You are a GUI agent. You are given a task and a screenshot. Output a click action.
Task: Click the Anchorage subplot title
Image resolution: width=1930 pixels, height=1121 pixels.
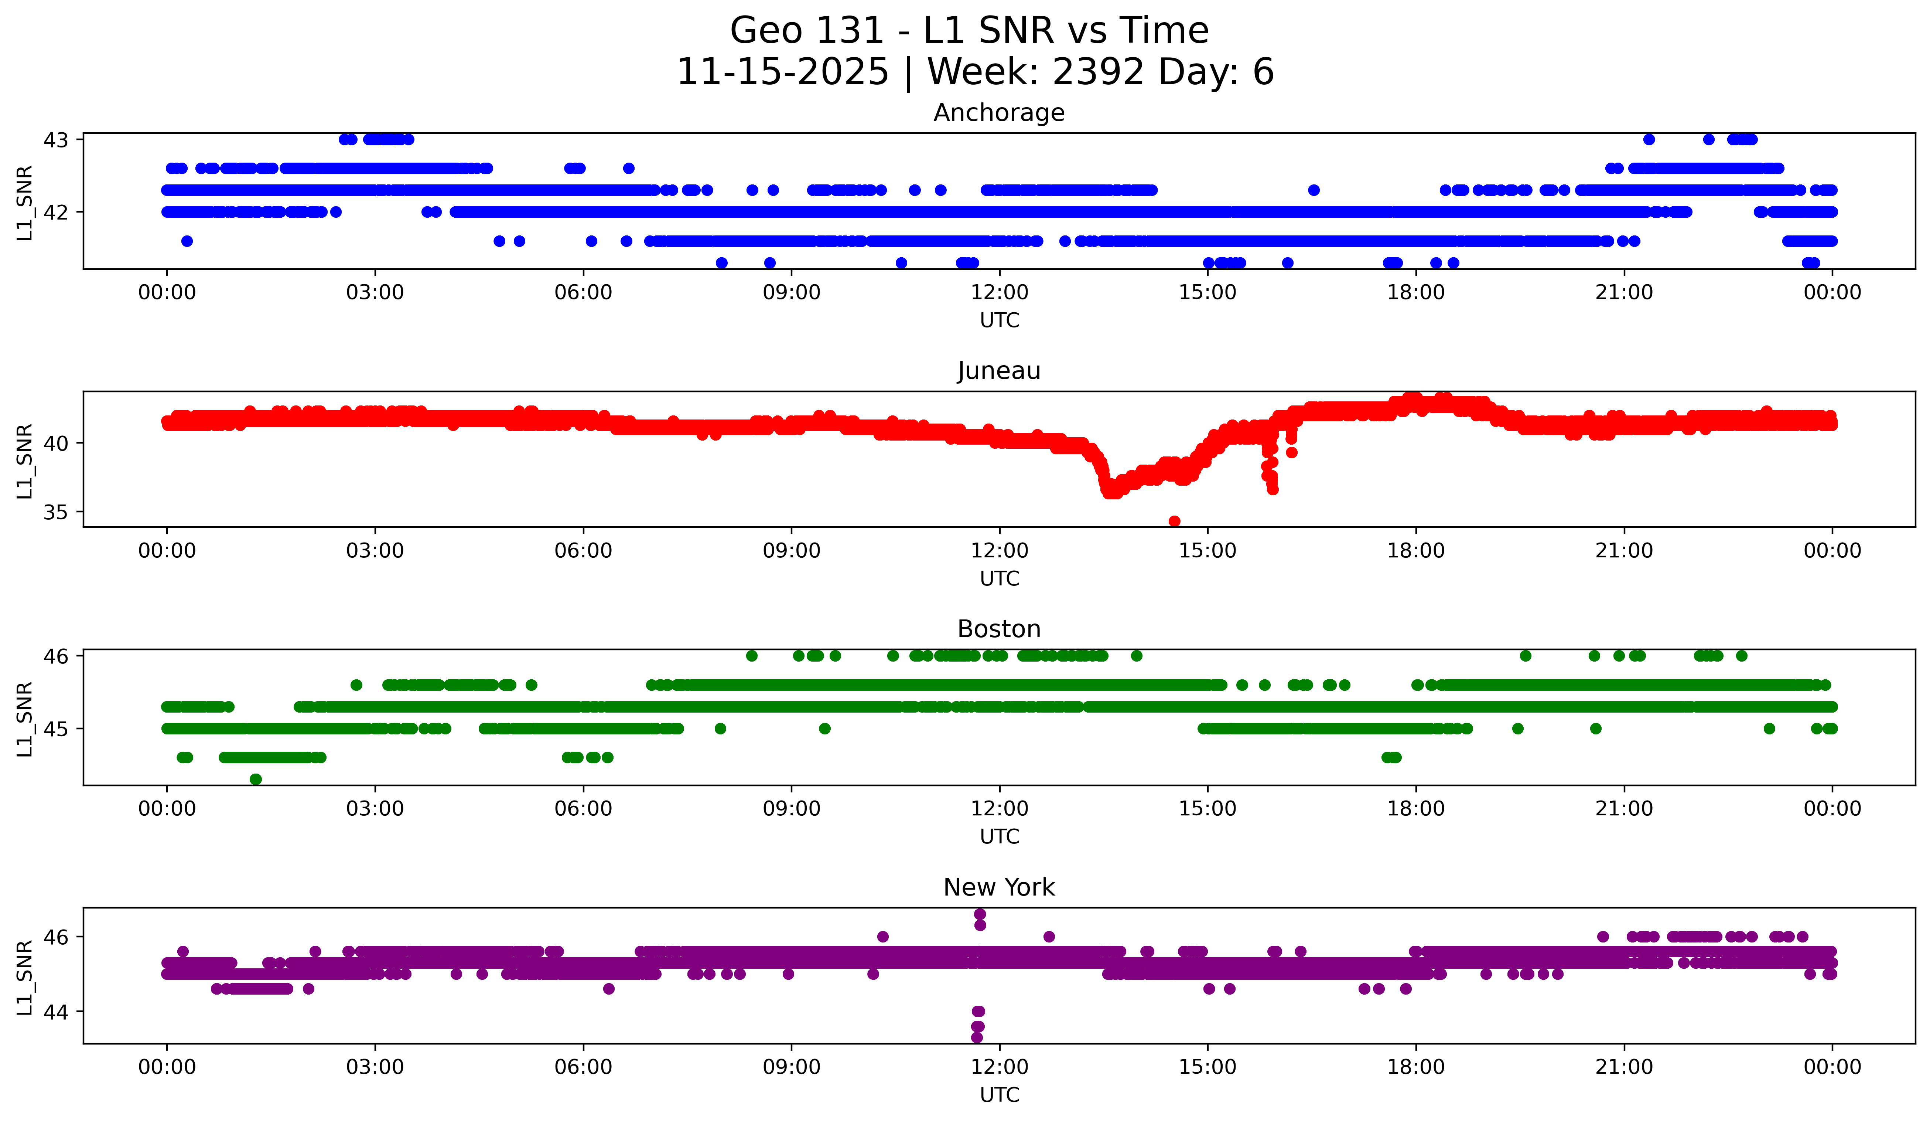pyautogui.click(x=999, y=113)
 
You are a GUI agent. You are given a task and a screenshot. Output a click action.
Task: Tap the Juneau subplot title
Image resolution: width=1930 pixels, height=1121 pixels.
pyautogui.click(x=999, y=371)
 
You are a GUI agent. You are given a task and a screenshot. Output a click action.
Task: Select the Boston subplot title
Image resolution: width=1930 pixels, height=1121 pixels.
pyautogui.click(x=999, y=629)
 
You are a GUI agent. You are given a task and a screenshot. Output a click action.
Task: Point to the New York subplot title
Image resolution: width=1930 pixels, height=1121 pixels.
pyautogui.click(x=999, y=887)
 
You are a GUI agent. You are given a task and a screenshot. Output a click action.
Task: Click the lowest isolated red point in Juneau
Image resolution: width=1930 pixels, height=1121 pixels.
pyautogui.click(x=1174, y=521)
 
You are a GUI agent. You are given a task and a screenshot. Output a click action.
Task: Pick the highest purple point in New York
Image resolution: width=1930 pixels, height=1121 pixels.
pyautogui.click(x=980, y=914)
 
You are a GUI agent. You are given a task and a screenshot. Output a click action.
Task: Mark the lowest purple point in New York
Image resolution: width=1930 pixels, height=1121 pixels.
pyautogui.click(x=977, y=1037)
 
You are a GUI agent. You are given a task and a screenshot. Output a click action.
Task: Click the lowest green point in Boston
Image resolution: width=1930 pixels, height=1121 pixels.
pyautogui.click(x=256, y=779)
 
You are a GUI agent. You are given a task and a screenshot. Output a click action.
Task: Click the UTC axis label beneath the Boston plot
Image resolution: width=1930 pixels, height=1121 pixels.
pyautogui.click(x=1000, y=837)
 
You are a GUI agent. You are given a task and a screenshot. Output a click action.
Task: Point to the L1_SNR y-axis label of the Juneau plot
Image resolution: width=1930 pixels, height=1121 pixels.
pyautogui.click(x=24, y=461)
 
